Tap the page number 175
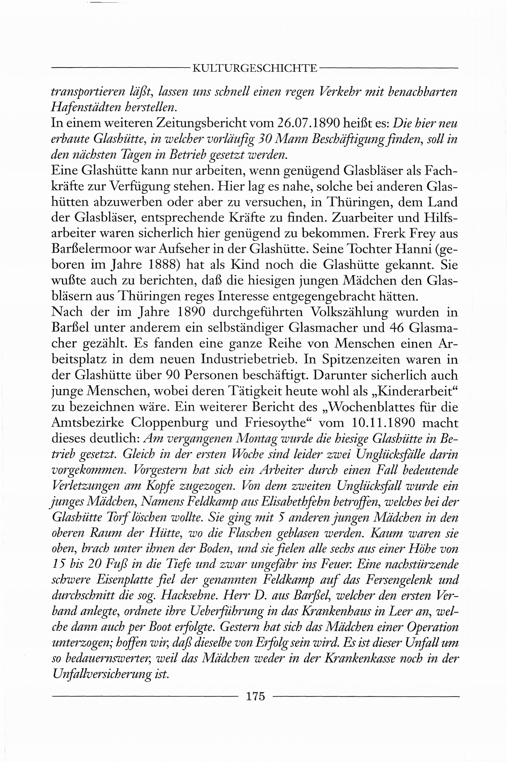click(x=255, y=696)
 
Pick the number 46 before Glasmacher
click(x=397, y=328)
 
